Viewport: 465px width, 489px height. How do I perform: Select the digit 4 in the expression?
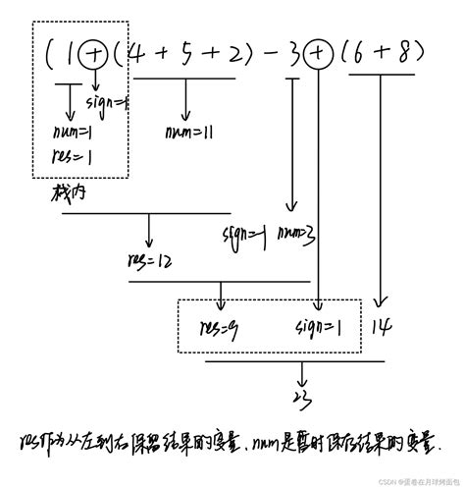click(x=137, y=56)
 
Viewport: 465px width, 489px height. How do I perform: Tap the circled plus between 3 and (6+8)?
click(x=319, y=56)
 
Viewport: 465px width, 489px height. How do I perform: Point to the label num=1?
click(x=73, y=133)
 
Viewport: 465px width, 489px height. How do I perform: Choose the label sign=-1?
click(x=243, y=234)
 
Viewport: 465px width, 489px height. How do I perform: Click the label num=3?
click(x=294, y=234)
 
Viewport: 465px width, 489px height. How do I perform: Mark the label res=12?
click(x=149, y=261)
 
